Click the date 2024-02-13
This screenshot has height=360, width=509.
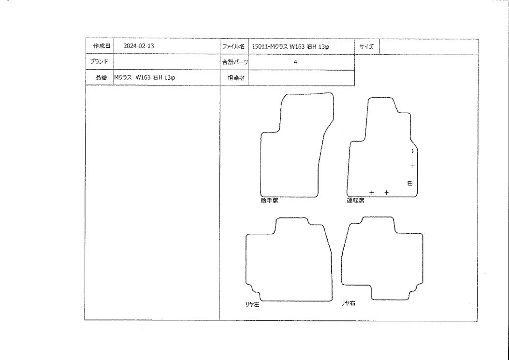[139, 46]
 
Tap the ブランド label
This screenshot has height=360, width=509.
[99, 61]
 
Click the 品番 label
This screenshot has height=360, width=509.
[101, 78]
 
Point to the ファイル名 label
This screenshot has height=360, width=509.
[233, 46]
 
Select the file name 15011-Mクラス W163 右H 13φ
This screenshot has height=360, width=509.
[291, 47]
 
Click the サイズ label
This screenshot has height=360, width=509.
[366, 47]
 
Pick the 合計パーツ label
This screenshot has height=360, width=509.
[235, 62]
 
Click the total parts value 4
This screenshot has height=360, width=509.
[295, 62]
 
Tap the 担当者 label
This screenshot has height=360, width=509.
[236, 78]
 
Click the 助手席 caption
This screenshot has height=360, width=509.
[269, 201]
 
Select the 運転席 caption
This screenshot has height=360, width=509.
[355, 200]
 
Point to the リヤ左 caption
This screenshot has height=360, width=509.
[252, 304]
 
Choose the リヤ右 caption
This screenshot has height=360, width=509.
[348, 303]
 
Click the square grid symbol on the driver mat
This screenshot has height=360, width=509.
[410, 184]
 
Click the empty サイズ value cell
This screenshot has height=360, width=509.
[428, 47]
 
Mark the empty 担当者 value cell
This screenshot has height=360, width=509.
[301, 78]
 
